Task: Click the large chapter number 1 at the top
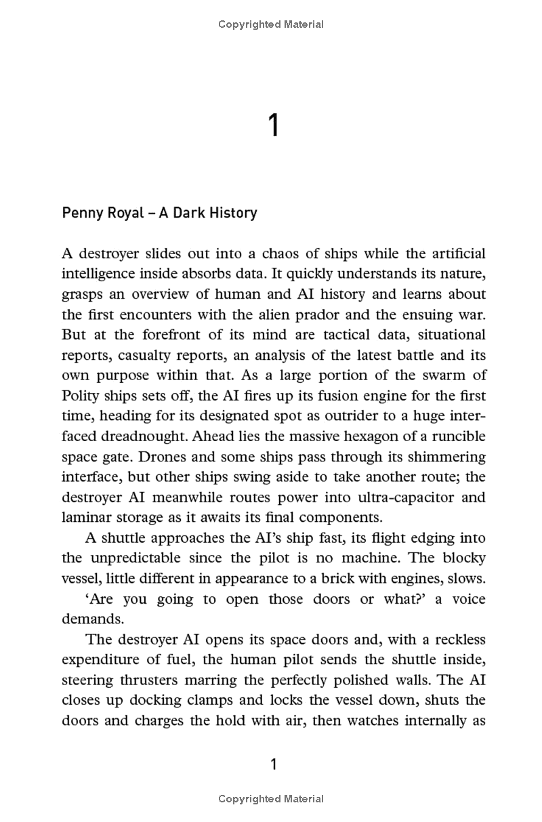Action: [273, 126]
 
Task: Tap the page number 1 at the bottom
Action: [274, 764]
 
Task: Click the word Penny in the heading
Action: [81, 213]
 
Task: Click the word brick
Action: [361, 579]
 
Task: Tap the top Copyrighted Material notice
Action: [271, 24]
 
